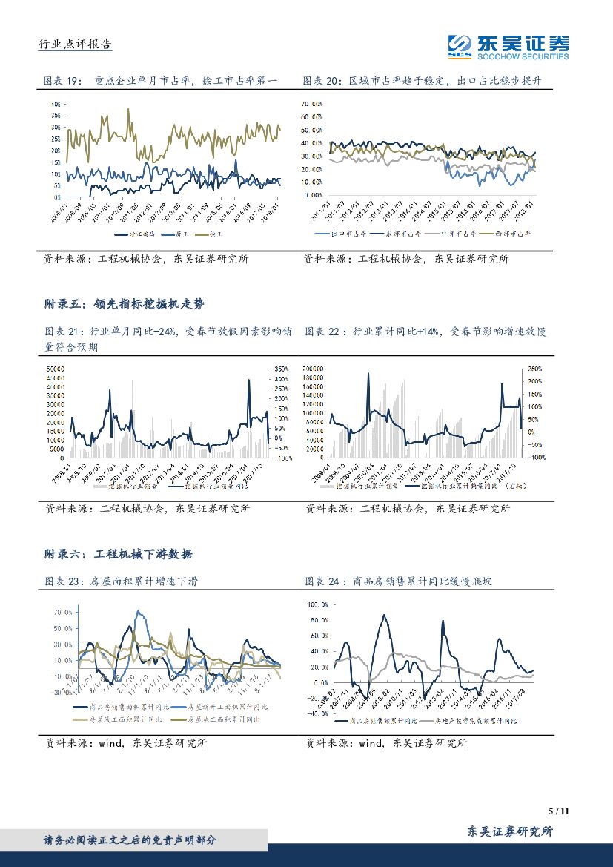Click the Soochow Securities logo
(x=508, y=46)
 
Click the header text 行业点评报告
(x=74, y=44)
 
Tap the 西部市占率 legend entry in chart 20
(x=513, y=234)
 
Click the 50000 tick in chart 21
(x=56, y=369)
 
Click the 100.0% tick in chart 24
(x=317, y=604)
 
